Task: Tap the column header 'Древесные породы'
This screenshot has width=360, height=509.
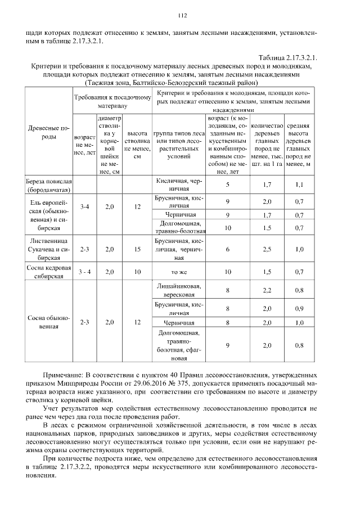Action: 49,133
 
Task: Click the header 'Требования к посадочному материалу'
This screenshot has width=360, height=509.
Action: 112,101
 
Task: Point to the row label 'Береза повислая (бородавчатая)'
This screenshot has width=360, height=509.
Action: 49,185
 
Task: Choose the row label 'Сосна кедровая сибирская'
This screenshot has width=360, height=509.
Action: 49,272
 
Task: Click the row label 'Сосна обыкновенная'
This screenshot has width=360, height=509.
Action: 49,322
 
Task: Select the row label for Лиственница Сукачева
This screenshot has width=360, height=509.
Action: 49,248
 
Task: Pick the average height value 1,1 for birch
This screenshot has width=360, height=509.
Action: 299,184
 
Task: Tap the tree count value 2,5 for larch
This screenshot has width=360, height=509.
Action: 267,248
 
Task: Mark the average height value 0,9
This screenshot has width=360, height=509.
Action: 299,308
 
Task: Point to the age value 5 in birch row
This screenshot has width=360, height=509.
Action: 228,184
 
